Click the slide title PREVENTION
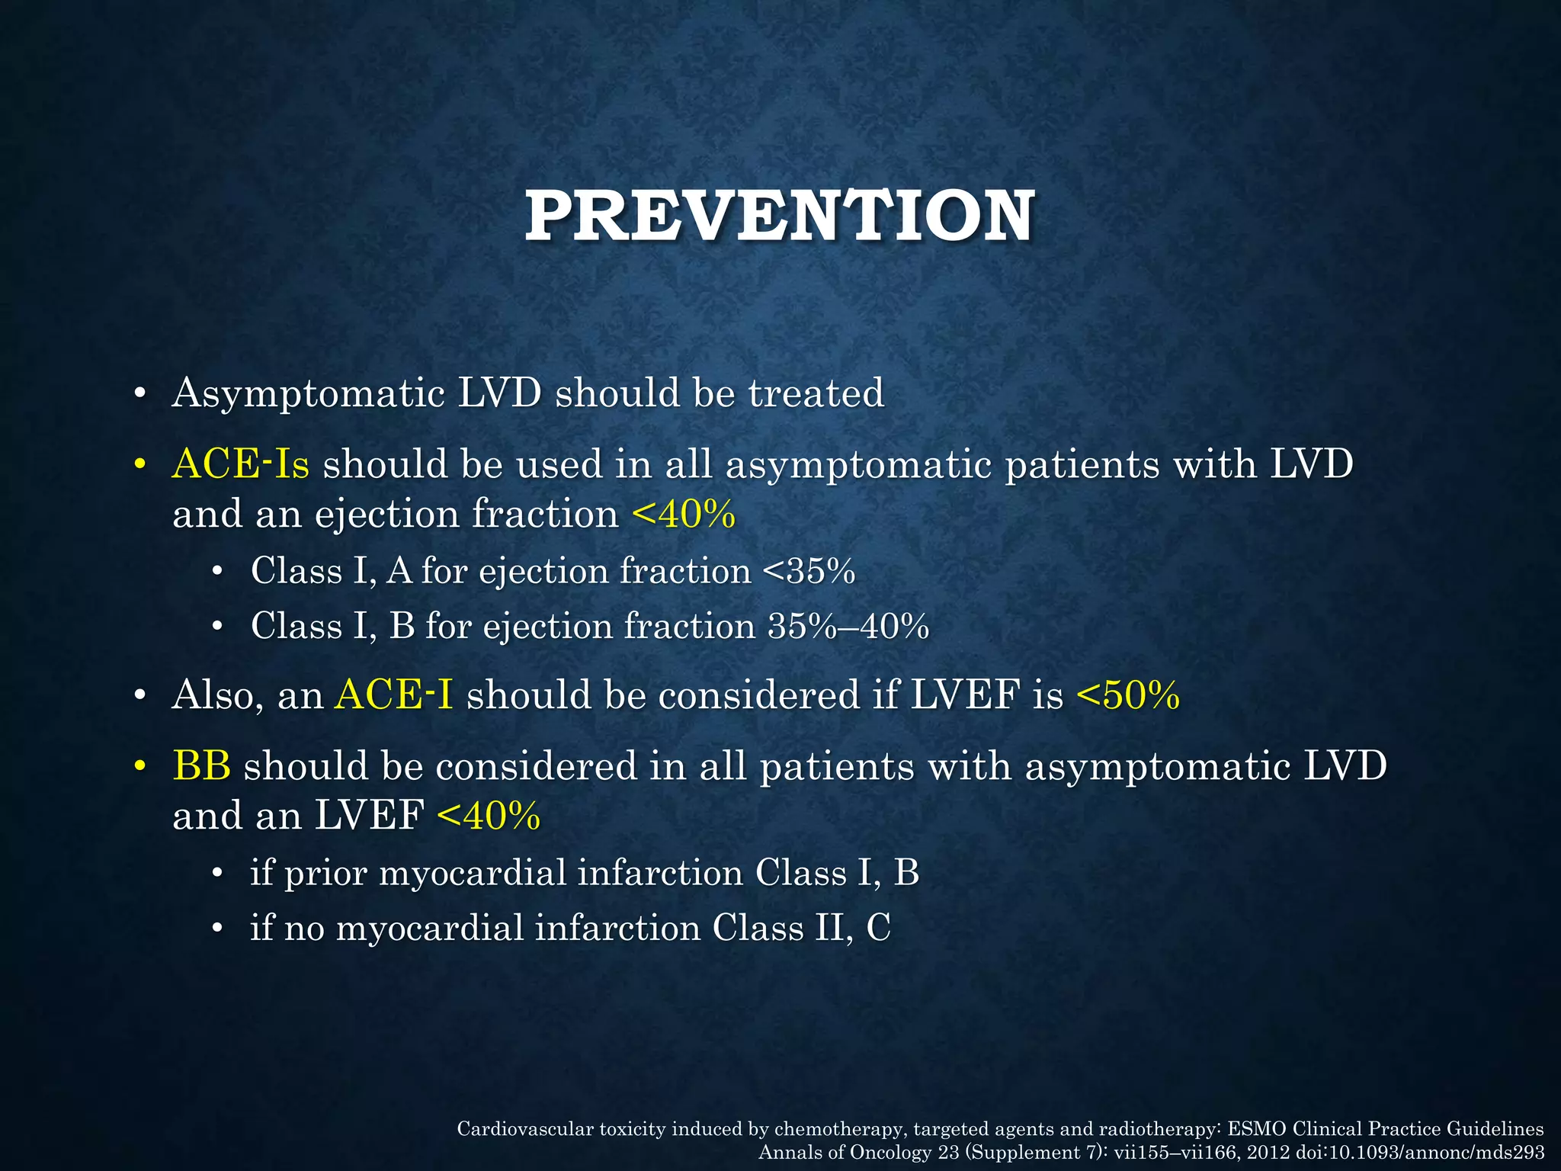tap(779, 217)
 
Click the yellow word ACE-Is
tap(241, 464)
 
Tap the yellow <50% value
tap(1128, 695)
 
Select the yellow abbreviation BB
tap(201, 765)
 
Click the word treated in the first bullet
tap(816, 393)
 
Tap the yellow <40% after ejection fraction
tap(684, 515)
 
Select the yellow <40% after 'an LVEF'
tap(489, 816)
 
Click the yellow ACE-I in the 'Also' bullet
tap(393, 695)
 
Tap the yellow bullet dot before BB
tap(139, 765)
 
